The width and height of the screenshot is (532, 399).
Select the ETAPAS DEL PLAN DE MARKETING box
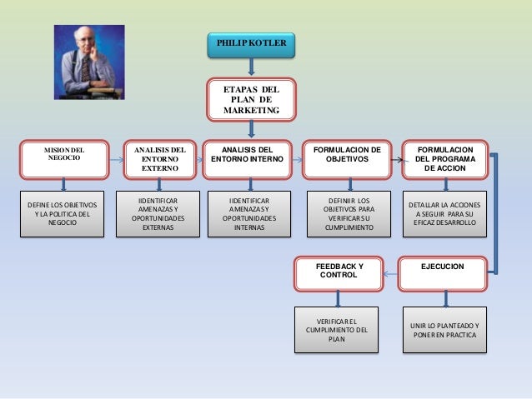251,99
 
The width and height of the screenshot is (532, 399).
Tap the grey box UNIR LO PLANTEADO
443,329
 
